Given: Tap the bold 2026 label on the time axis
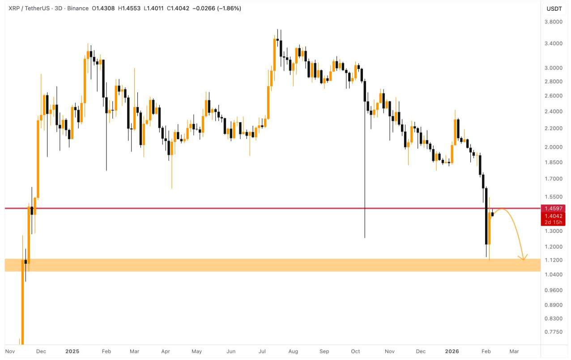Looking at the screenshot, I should pos(452,351).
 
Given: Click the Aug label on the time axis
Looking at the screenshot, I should pos(294,351).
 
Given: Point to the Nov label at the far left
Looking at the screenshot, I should pos(10,351).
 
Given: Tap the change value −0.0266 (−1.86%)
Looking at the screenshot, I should pos(217,9).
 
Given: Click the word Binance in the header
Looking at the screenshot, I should pos(78,9).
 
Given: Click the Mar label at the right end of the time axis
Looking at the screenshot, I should pos(514,351).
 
